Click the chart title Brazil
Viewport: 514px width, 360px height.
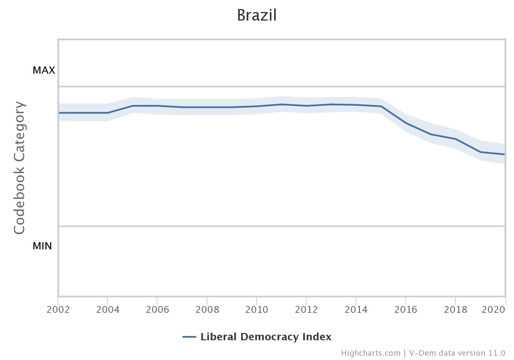pyautogui.click(x=257, y=15)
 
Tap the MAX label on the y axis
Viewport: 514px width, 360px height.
pyautogui.click(x=44, y=70)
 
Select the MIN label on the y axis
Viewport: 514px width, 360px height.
pyautogui.click(x=42, y=246)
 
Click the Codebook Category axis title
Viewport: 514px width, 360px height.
pyautogui.click(x=19, y=168)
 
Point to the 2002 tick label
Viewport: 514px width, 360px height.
pyautogui.click(x=58, y=309)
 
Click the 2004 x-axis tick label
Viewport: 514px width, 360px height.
pyautogui.click(x=108, y=309)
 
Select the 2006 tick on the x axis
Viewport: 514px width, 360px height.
pyautogui.click(x=157, y=309)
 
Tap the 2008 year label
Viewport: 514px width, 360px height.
pyautogui.click(x=207, y=309)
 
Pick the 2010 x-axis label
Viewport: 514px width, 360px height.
pyautogui.click(x=257, y=309)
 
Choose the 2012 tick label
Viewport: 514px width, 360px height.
pyautogui.click(x=306, y=309)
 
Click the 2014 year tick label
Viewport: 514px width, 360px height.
pyautogui.click(x=356, y=309)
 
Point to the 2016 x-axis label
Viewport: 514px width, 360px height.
pyautogui.click(x=406, y=309)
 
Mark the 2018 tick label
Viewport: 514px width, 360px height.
pyautogui.click(x=455, y=309)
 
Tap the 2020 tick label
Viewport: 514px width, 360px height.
pyautogui.click(x=497, y=309)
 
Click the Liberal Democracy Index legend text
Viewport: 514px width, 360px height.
pyautogui.click(x=266, y=337)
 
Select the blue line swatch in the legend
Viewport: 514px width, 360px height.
pyautogui.click(x=189, y=337)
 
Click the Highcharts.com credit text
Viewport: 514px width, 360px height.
pyautogui.click(x=371, y=353)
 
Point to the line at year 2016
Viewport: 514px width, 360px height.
pyautogui.click(x=406, y=123)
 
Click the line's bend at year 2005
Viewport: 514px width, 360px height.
pyautogui.click(x=132, y=105)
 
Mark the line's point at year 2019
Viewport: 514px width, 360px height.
pyautogui.click(x=480, y=152)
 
